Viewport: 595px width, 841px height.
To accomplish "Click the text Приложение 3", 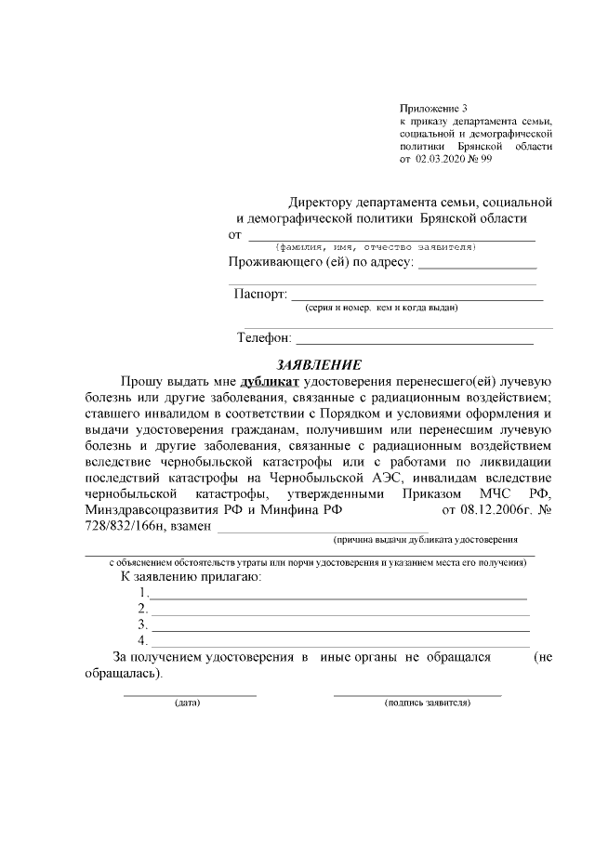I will [x=433, y=110].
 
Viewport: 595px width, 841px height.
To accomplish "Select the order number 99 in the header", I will [x=485, y=159].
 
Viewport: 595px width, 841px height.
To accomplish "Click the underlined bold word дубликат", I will [x=270, y=381].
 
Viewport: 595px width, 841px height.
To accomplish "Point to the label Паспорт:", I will [x=260, y=294].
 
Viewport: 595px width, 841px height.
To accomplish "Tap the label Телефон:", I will [x=265, y=338].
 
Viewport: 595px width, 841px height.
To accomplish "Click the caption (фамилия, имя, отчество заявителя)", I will [x=377, y=247].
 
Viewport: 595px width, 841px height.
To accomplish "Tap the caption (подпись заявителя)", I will [x=428, y=703].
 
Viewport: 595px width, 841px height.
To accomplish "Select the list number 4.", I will [x=142, y=640].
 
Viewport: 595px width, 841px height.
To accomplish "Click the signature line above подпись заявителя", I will [x=416, y=693].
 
